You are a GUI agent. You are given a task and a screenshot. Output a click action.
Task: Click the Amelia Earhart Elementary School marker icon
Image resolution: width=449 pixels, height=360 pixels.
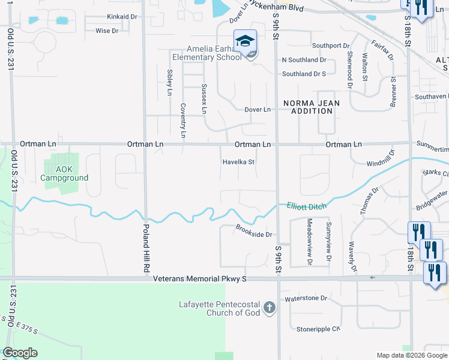(x=245, y=41)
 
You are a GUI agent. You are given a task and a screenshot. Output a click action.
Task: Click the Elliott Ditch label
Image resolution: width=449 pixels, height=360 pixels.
(x=306, y=206)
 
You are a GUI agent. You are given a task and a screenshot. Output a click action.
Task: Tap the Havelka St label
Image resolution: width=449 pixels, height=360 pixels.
(x=239, y=162)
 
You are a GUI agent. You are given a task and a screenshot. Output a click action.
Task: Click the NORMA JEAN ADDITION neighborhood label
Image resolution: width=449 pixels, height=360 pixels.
(x=312, y=107)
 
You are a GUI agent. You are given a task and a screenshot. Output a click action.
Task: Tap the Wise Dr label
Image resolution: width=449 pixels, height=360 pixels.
(x=107, y=30)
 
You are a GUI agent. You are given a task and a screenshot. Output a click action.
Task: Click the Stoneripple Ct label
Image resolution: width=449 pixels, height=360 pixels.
(x=318, y=329)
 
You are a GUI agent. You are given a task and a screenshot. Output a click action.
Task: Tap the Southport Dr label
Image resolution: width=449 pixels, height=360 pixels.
(x=330, y=46)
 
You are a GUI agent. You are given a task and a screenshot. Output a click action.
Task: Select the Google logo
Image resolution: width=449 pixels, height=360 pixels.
(x=20, y=353)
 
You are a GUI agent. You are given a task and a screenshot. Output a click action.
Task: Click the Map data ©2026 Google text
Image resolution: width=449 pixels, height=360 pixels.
(x=411, y=355)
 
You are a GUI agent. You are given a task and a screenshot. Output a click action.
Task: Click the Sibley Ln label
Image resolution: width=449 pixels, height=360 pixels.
(x=169, y=83)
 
